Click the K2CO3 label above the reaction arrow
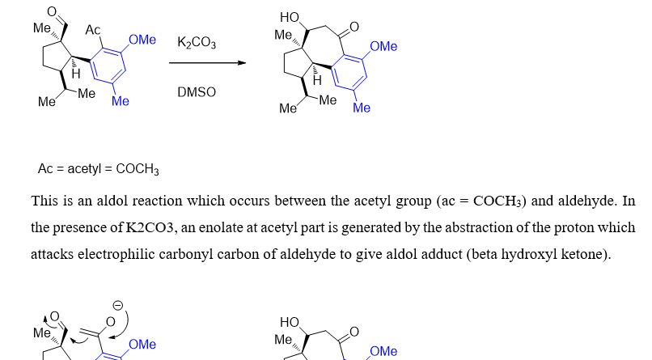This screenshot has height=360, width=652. click(197, 43)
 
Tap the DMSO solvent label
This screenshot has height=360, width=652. click(197, 92)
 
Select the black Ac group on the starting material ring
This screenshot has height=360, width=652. click(93, 30)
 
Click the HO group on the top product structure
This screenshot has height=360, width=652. click(288, 17)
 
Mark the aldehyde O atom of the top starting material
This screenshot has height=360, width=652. click(51, 11)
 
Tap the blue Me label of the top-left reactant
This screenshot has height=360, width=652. click(121, 101)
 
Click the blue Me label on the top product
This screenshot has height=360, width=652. click(362, 108)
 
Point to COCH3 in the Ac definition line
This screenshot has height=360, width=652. click(138, 169)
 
